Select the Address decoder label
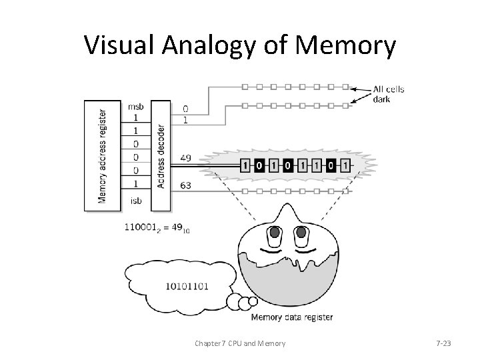click(161, 155)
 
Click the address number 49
click(186, 159)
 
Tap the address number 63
click(186, 186)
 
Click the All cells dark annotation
click(389, 95)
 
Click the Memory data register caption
click(291, 317)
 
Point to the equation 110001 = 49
click(157, 228)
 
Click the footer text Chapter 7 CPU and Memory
click(240, 343)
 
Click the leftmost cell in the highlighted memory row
click(245, 165)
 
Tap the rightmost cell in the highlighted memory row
click(344, 165)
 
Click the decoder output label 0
click(185, 108)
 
